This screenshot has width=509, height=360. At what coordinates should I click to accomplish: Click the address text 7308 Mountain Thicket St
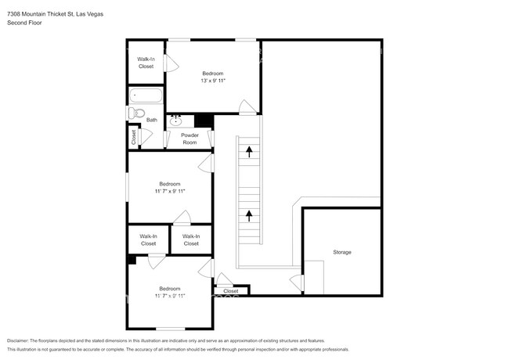35,14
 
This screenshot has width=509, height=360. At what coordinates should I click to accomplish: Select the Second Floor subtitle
24,23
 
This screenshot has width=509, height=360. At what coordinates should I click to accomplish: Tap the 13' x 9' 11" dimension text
213,81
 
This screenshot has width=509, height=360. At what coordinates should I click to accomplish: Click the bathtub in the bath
146,97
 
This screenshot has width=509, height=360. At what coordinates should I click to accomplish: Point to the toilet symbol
136,114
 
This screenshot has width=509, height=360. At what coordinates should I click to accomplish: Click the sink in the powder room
177,121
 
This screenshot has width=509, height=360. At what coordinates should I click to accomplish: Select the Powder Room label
190,139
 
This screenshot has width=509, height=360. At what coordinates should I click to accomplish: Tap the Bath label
151,120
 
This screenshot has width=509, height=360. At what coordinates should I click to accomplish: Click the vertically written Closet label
133,136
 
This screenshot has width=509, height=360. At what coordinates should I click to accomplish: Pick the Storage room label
341,252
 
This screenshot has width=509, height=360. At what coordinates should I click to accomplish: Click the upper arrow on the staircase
249,150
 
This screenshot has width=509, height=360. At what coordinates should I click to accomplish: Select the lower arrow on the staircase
249,213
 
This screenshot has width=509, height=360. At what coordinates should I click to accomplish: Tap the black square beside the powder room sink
204,121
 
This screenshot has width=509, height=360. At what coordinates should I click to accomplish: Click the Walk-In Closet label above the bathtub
146,63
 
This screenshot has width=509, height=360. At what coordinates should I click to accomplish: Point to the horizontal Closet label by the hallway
231,291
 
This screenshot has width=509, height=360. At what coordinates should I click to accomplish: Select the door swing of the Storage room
295,279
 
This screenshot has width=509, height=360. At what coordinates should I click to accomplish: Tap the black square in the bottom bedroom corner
131,260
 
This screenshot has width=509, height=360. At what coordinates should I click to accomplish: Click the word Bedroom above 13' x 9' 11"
213,73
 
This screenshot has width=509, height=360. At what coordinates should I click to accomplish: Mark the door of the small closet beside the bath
141,136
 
